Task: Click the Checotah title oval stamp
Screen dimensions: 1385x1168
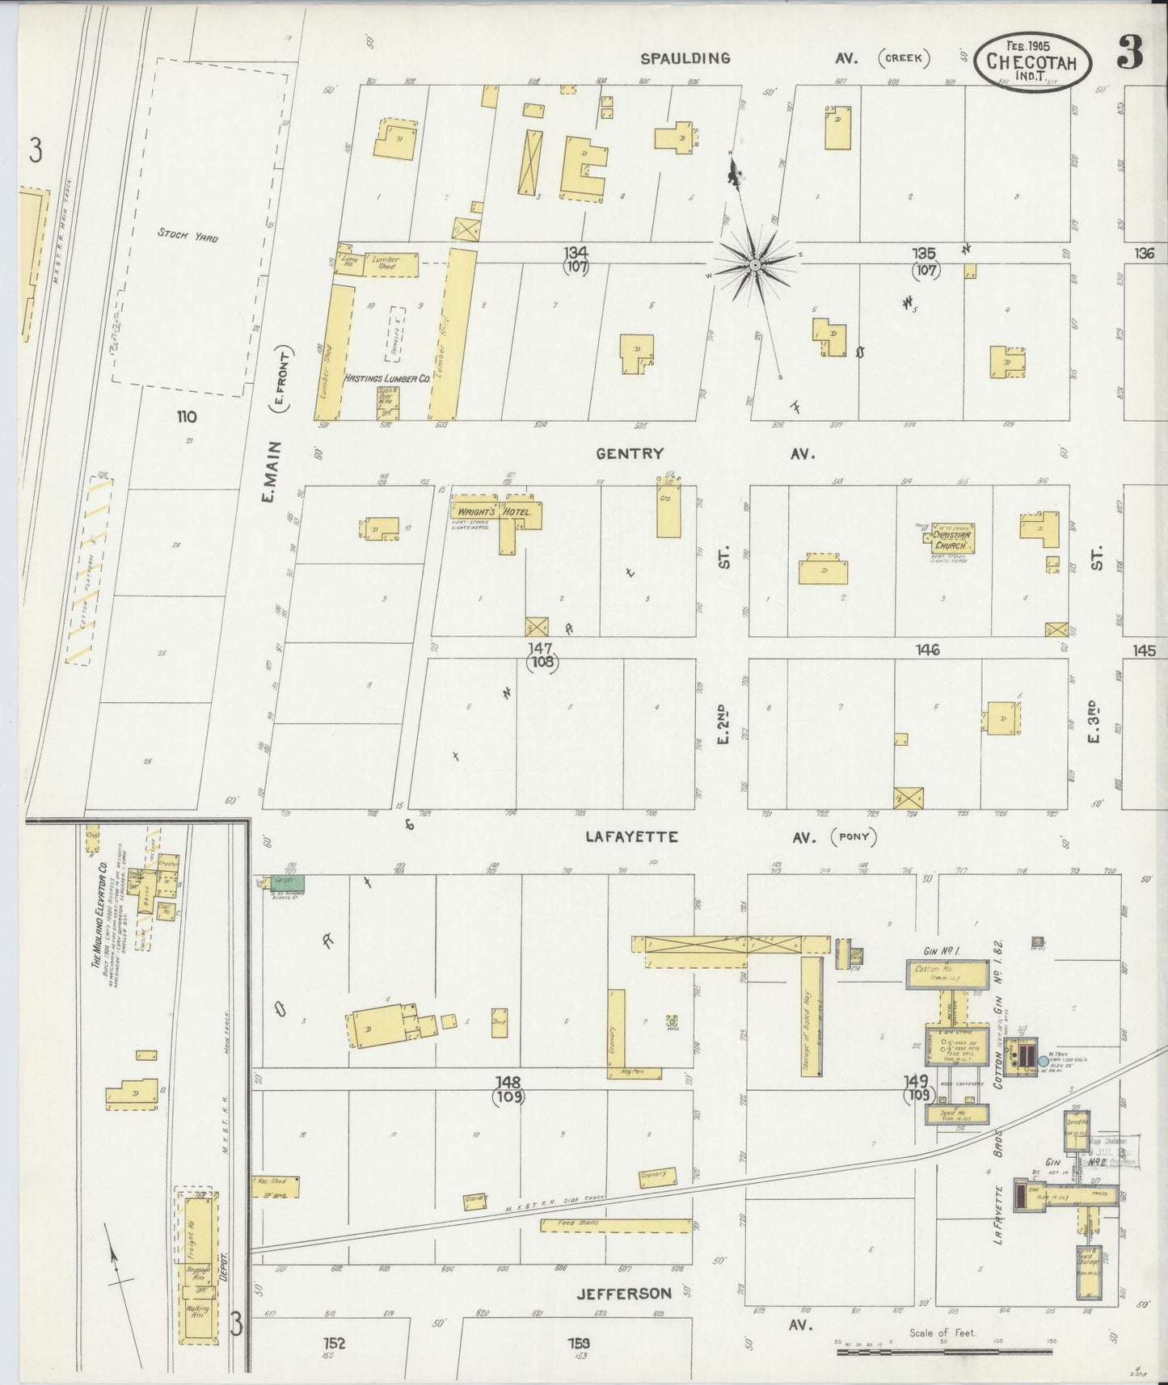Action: pyautogui.click(x=1032, y=62)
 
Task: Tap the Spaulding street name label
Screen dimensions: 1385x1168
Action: pyautogui.click(x=685, y=58)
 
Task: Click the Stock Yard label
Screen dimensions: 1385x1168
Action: pyautogui.click(x=188, y=235)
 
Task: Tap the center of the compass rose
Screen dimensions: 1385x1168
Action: pyautogui.click(x=754, y=265)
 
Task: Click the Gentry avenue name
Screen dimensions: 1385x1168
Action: pyautogui.click(x=629, y=454)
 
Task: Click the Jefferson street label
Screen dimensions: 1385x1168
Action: pyautogui.click(x=623, y=1294)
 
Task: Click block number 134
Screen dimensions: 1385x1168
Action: pyautogui.click(x=577, y=254)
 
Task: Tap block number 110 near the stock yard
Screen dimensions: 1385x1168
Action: pyautogui.click(x=187, y=417)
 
